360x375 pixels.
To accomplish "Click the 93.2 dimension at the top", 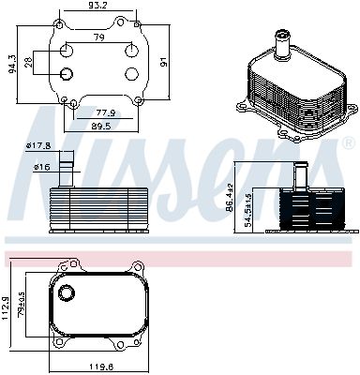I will click(x=97, y=7).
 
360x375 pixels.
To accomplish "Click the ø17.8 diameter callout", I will click(x=37, y=145).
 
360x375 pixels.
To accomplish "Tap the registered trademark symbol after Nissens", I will click(x=349, y=143).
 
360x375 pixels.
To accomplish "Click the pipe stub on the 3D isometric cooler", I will click(x=280, y=40).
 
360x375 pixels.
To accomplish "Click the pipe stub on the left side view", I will click(x=66, y=172).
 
